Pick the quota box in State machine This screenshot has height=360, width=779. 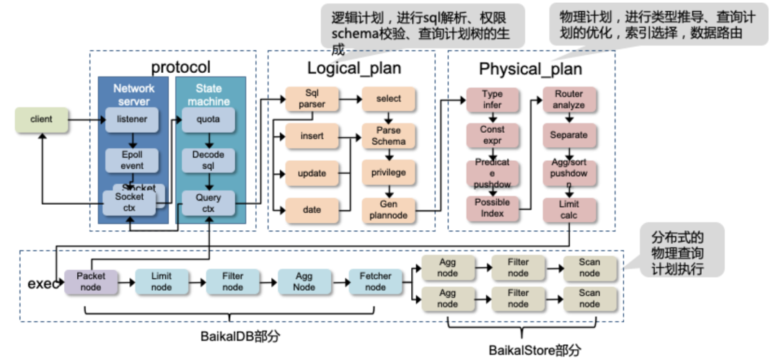(x=208, y=120)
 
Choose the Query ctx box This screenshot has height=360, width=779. (x=208, y=203)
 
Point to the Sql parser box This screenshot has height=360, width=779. (x=311, y=99)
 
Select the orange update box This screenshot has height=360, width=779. (x=311, y=173)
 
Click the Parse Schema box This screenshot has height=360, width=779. (x=389, y=135)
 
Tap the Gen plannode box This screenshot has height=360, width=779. (x=389, y=210)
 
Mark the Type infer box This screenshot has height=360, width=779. (x=492, y=100)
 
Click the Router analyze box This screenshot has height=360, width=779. (x=569, y=100)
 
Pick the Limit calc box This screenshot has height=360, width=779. (x=569, y=210)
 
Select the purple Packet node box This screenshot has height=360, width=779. (x=91, y=281)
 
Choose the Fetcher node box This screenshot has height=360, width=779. (x=375, y=281)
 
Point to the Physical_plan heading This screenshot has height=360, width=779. (x=530, y=69)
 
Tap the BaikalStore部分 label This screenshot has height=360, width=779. (x=534, y=350)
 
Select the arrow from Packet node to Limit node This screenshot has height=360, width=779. (x=126, y=281)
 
